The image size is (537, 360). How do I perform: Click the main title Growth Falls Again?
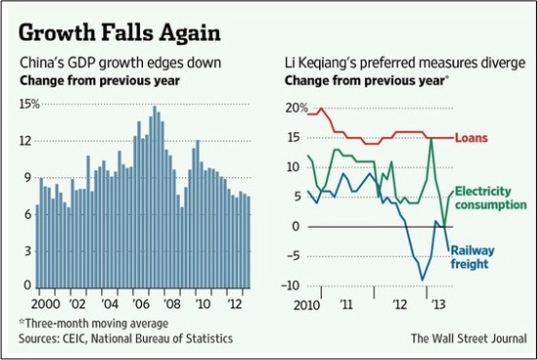(120, 33)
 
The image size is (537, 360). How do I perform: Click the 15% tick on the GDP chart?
(30, 104)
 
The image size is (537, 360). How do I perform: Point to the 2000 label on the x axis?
(46, 304)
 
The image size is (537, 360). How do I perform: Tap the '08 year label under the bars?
(171, 304)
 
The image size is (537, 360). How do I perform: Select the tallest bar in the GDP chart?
(155, 197)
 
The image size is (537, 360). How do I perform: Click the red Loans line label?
(471, 138)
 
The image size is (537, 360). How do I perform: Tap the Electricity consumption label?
(490, 198)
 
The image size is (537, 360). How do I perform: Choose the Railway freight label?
(472, 257)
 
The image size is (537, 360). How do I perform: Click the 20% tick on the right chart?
(297, 108)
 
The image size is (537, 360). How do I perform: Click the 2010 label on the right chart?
(306, 305)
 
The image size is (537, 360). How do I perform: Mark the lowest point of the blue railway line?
(422, 280)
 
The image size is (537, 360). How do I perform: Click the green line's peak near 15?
(431, 138)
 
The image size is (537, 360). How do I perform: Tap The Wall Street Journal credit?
(469, 339)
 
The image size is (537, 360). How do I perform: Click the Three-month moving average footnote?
(93, 323)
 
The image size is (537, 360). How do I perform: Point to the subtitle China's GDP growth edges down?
(121, 63)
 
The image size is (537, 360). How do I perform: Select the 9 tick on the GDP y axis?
(27, 177)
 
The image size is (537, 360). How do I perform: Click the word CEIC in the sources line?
(76, 339)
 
